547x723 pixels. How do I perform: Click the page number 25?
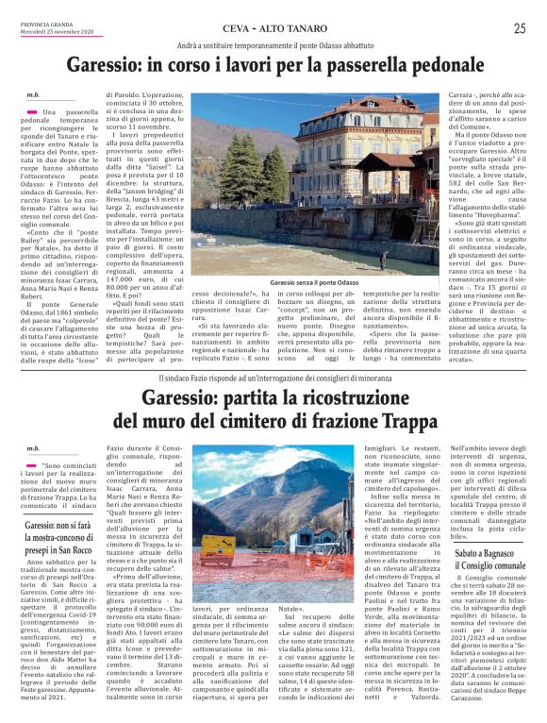point(519,28)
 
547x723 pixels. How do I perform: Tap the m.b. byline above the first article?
point(32,95)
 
